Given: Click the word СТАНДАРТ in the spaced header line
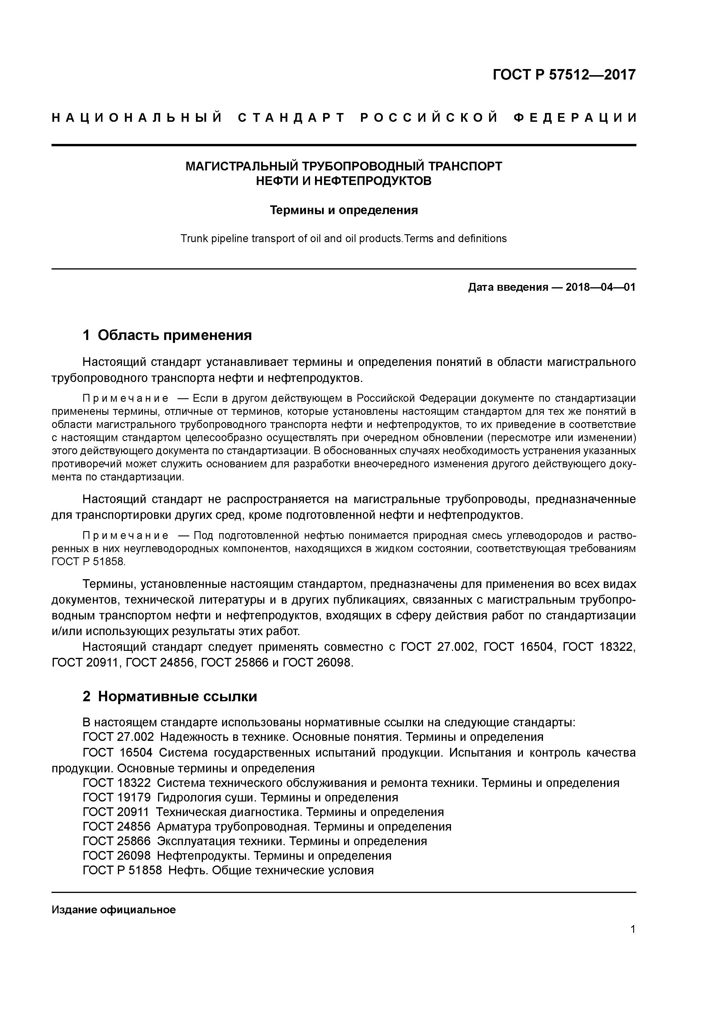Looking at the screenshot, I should pyautogui.click(x=291, y=118).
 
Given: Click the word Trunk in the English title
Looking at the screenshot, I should pyautogui.click(x=192, y=239).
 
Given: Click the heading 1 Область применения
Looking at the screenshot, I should pyautogui.click(x=167, y=335).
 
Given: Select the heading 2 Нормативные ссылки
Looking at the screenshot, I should pyautogui.click(x=170, y=696).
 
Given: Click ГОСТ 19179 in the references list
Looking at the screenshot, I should pyautogui.click(x=116, y=797).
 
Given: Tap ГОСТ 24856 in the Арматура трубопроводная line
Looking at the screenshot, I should pyautogui.click(x=116, y=827).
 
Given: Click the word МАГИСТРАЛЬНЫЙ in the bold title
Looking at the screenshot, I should pyautogui.click(x=242, y=166).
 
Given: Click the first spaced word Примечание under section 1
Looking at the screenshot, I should pyautogui.click(x=126, y=398).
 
